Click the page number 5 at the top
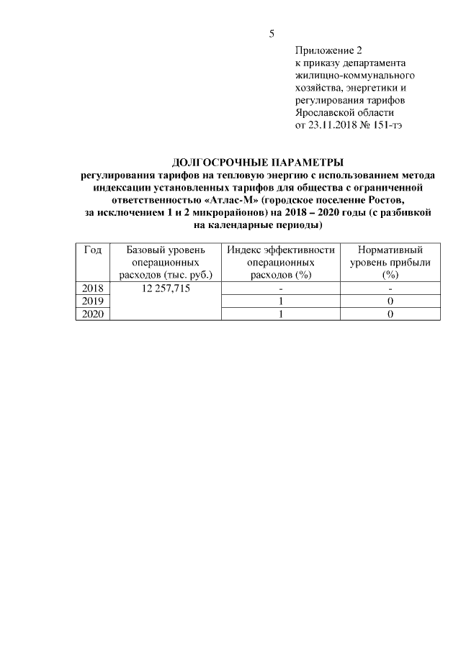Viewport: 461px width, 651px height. click(x=271, y=34)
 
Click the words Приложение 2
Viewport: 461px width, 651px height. click(x=328, y=50)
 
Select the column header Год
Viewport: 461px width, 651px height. click(x=92, y=250)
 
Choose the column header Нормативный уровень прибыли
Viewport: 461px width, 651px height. click(x=390, y=262)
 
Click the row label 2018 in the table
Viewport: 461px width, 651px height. click(x=92, y=288)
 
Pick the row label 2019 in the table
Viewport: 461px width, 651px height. click(x=92, y=301)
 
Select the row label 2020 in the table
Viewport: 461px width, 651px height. click(x=92, y=314)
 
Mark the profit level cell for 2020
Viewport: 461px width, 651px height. click(x=390, y=314)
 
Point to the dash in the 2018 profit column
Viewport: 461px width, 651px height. click(x=390, y=288)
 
